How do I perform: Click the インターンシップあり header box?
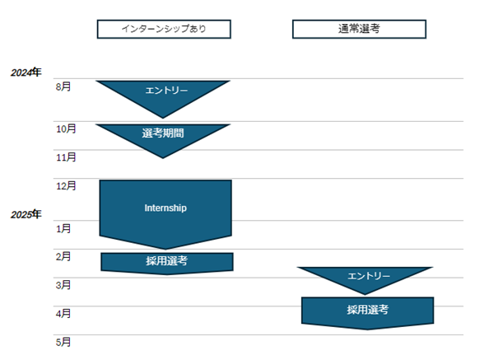pos(164,29)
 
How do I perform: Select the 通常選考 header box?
pos(359,29)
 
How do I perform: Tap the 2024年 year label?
pos(26,72)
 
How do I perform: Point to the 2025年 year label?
pos(26,214)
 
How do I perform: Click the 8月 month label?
pos(63,86)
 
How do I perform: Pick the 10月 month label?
pos(66,129)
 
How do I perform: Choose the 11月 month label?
pos(66,157)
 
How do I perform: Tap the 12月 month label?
pos(66,185)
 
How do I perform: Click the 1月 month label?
pos(63,228)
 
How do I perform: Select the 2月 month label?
pos(63,256)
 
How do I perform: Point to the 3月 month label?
pos(63,285)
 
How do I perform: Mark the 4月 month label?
pos(63,313)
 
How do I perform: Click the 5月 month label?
pos(63,342)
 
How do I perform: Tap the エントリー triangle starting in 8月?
pos(163,95)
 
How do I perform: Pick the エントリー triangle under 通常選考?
pos(365,278)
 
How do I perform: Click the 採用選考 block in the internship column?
pos(167,263)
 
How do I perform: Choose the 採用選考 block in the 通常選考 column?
pos(368,313)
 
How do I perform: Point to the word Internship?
pos(165,208)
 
